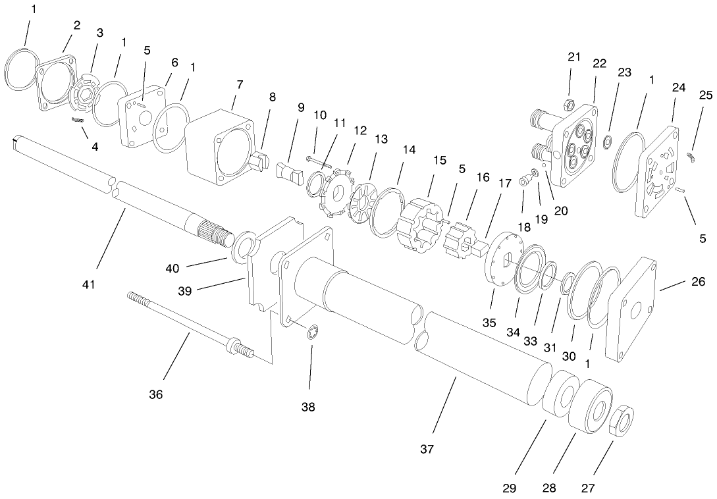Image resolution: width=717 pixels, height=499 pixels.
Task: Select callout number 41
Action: click(89, 284)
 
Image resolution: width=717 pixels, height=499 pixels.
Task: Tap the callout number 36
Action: click(155, 394)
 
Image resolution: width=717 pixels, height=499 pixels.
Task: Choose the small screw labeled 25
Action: click(691, 155)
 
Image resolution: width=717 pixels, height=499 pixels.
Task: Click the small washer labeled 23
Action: click(609, 140)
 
